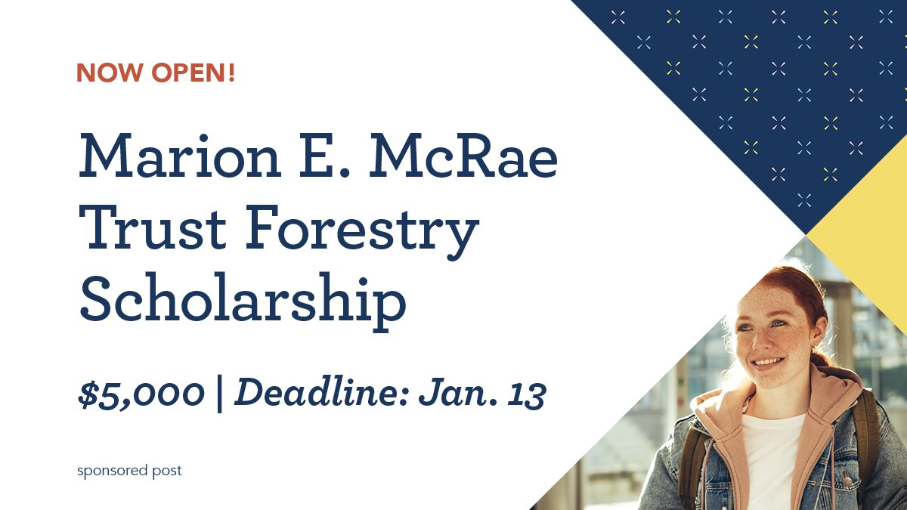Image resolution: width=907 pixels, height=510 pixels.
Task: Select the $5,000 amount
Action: tap(141, 394)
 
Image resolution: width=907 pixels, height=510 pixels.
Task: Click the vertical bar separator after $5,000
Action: tap(219, 394)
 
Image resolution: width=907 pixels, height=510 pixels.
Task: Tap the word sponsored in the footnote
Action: tap(112, 471)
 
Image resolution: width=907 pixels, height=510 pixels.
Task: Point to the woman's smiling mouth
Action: tap(767, 363)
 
